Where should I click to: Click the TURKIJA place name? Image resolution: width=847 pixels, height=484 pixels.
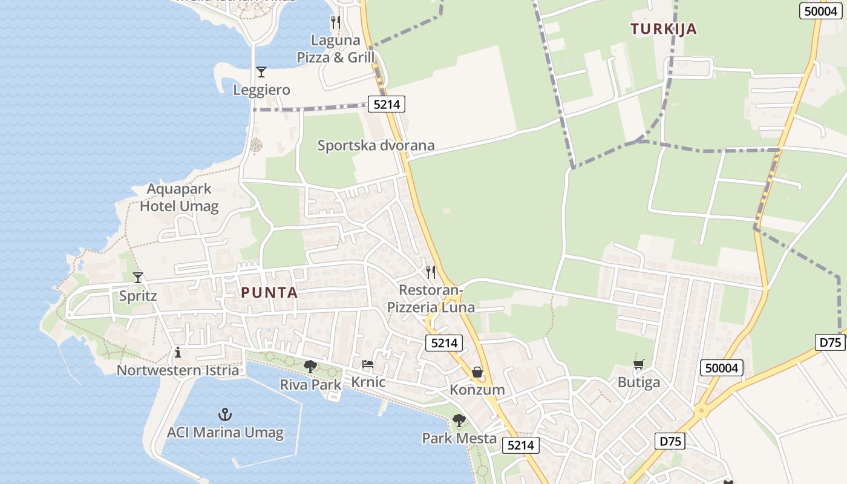tap(663, 29)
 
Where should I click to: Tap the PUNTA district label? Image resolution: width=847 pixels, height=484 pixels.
tap(269, 293)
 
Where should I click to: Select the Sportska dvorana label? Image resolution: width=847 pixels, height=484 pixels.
tap(376, 145)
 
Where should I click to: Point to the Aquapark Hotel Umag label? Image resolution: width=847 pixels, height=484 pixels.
tap(179, 197)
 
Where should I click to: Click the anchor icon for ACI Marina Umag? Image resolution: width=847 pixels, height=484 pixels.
tap(225, 414)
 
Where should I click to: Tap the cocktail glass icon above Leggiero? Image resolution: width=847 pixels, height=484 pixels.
tap(261, 72)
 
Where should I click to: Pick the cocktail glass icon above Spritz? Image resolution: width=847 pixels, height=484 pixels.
tap(138, 278)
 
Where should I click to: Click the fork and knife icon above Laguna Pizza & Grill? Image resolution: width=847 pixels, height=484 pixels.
tap(336, 22)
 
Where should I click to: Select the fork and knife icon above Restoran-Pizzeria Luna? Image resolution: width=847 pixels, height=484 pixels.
tap(431, 272)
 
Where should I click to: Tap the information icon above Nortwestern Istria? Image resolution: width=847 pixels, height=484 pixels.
tap(178, 352)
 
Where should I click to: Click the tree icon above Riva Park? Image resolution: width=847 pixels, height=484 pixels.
tap(310, 366)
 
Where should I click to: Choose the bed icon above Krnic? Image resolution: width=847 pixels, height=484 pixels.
tap(368, 364)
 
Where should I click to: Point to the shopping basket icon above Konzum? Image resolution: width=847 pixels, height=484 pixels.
tap(477, 371)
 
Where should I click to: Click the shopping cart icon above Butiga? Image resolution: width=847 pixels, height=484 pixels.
tap(638, 364)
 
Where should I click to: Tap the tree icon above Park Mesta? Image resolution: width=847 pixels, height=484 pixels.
tap(459, 420)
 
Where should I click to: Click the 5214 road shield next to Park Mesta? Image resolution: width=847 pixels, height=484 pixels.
tap(520, 445)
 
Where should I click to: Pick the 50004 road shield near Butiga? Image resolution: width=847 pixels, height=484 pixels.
tap(721, 368)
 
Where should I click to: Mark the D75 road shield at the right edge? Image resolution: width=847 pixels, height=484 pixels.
tap(831, 342)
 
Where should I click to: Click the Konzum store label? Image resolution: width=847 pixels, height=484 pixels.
tap(477, 390)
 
